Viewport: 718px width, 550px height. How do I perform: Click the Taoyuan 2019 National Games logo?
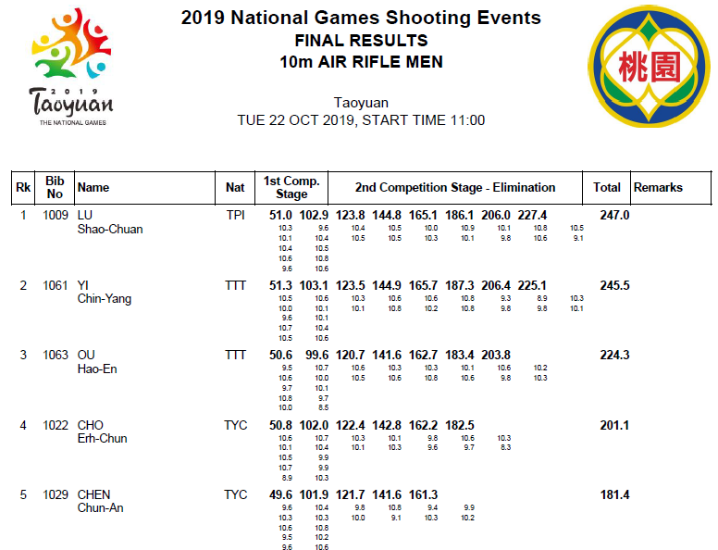click(x=71, y=67)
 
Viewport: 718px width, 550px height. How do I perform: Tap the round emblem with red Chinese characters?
click(x=649, y=67)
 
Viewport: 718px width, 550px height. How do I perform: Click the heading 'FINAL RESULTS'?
click(x=361, y=41)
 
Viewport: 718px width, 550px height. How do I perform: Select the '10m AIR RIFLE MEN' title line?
click(x=361, y=62)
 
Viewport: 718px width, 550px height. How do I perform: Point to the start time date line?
click(x=361, y=120)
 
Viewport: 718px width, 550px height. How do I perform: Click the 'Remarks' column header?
click(x=658, y=187)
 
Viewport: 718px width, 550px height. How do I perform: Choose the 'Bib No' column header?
click(x=55, y=187)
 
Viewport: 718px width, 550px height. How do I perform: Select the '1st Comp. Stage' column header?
click(x=291, y=187)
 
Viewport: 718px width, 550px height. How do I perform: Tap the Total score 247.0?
click(x=614, y=216)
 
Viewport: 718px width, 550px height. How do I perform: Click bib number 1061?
click(x=56, y=285)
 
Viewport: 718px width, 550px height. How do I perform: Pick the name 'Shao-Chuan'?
click(x=110, y=230)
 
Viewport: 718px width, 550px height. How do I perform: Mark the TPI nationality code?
click(x=235, y=216)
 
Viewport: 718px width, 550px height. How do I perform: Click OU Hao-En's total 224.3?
click(x=614, y=356)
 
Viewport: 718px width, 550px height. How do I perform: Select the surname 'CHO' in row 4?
click(x=90, y=425)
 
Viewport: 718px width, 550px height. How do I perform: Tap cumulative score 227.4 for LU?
click(x=532, y=216)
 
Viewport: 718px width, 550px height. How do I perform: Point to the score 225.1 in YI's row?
click(x=532, y=285)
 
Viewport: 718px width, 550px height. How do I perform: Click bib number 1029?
click(x=56, y=495)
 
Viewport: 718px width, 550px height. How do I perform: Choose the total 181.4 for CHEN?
click(x=614, y=495)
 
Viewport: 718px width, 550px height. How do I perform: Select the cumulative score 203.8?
click(x=496, y=356)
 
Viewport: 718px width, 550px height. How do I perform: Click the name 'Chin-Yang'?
click(x=105, y=299)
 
